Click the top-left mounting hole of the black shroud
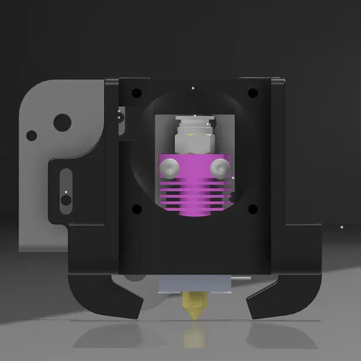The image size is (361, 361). coord(136,92)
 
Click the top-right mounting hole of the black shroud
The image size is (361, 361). coord(252,92)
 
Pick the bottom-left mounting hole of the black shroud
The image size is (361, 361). coord(136,209)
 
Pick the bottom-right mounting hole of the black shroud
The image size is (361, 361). coord(252,209)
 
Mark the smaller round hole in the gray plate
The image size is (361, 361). coord(32,136)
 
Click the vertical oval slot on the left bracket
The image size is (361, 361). coord(66,188)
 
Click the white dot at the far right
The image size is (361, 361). coord(341,227)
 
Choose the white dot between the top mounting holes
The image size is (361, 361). coord(193,88)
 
